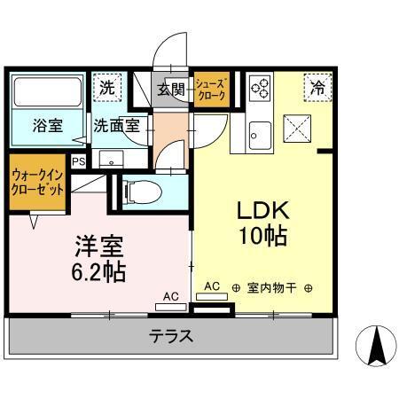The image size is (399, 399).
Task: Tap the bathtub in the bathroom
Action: (x=46, y=91)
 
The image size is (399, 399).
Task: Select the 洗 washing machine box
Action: (x=107, y=88)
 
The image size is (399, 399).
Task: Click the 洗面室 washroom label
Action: (x=116, y=125)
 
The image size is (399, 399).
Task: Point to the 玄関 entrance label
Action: (x=170, y=89)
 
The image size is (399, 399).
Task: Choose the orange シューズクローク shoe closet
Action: (x=213, y=88)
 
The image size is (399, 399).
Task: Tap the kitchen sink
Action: (x=260, y=136)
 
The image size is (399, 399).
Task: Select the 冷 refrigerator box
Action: (x=315, y=86)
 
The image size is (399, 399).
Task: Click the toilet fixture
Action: (x=142, y=191)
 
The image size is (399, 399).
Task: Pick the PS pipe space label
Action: (x=78, y=160)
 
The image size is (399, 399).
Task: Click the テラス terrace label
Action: (x=171, y=336)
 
